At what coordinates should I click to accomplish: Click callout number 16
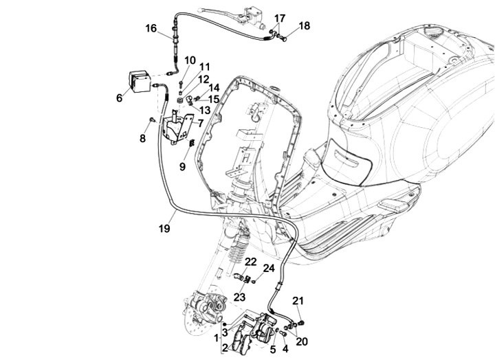tap(151, 28)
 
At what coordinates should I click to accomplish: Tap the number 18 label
tap(304, 26)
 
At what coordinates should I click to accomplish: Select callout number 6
tap(119, 98)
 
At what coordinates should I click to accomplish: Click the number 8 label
tap(142, 139)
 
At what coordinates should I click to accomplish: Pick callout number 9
tap(183, 166)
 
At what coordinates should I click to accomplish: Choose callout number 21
tap(298, 300)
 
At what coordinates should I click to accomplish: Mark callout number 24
tap(269, 268)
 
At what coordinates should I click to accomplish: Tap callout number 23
tap(239, 297)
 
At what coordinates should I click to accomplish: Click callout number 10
tap(190, 60)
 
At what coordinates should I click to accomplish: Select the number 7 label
tap(200, 124)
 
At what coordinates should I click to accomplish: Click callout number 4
tap(285, 348)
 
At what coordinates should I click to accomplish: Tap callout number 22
tap(250, 262)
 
